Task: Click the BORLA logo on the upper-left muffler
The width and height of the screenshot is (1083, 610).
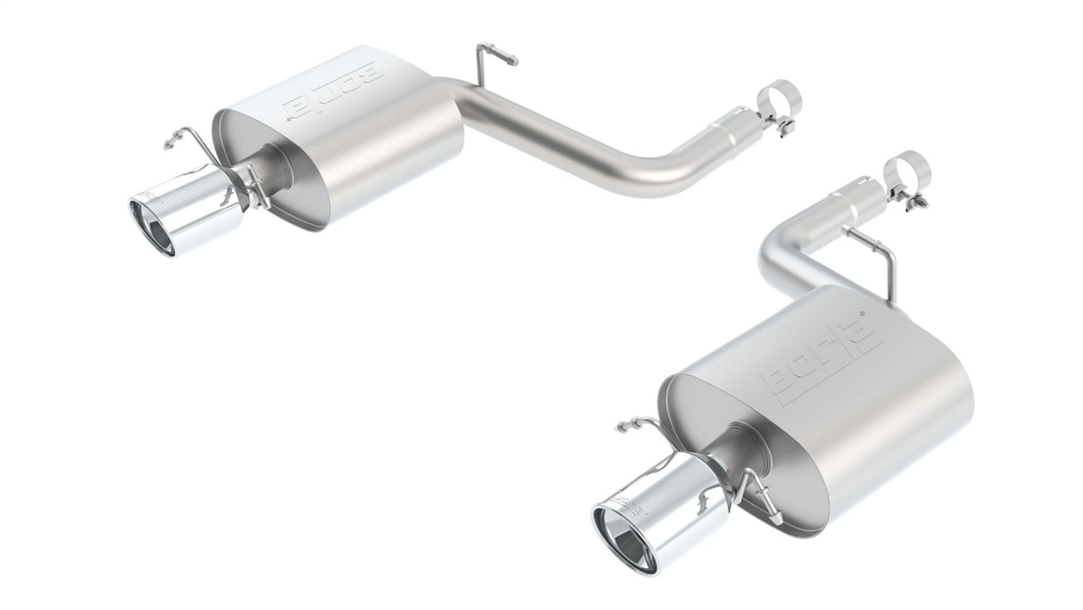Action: click(332, 92)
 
